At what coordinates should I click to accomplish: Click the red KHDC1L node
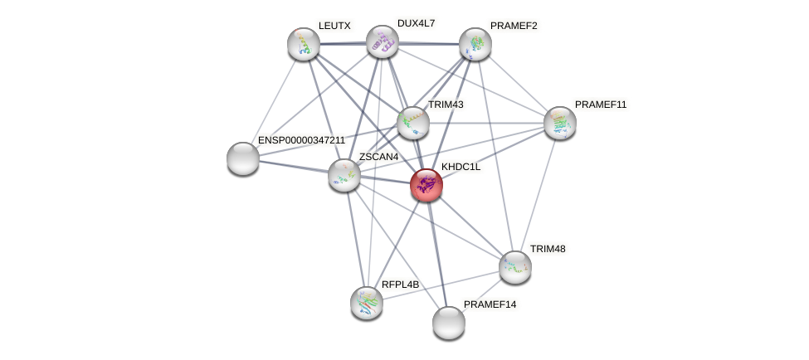click(x=426, y=185)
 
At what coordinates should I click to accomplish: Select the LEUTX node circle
click(x=304, y=44)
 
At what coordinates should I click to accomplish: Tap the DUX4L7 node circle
click(x=383, y=41)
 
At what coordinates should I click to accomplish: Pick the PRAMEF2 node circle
click(x=475, y=44)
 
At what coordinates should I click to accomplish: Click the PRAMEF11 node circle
click(x=560, y=123)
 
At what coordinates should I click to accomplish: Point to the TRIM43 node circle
click(x=412, y=123)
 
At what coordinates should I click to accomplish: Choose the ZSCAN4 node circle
click(x=344, y=175)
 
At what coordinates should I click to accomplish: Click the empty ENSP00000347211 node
click(x=243, y=158)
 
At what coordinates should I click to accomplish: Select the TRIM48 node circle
click(x=515, y=267)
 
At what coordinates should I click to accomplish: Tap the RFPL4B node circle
click(x=366, y=303)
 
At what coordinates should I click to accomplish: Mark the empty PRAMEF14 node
click(x=449, y=323)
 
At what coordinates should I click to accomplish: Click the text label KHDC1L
click(x=461, y=168)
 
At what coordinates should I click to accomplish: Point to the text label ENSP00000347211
click(x=301, y=141)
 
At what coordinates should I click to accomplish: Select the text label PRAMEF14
click(x=490, y=304)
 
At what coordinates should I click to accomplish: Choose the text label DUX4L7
click(x=416, y=23)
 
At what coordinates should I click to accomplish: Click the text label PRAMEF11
click(x=602, y=105)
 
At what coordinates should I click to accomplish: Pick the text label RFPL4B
click(x=401, y=285)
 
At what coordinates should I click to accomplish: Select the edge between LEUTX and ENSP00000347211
click(x=274, y=100)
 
